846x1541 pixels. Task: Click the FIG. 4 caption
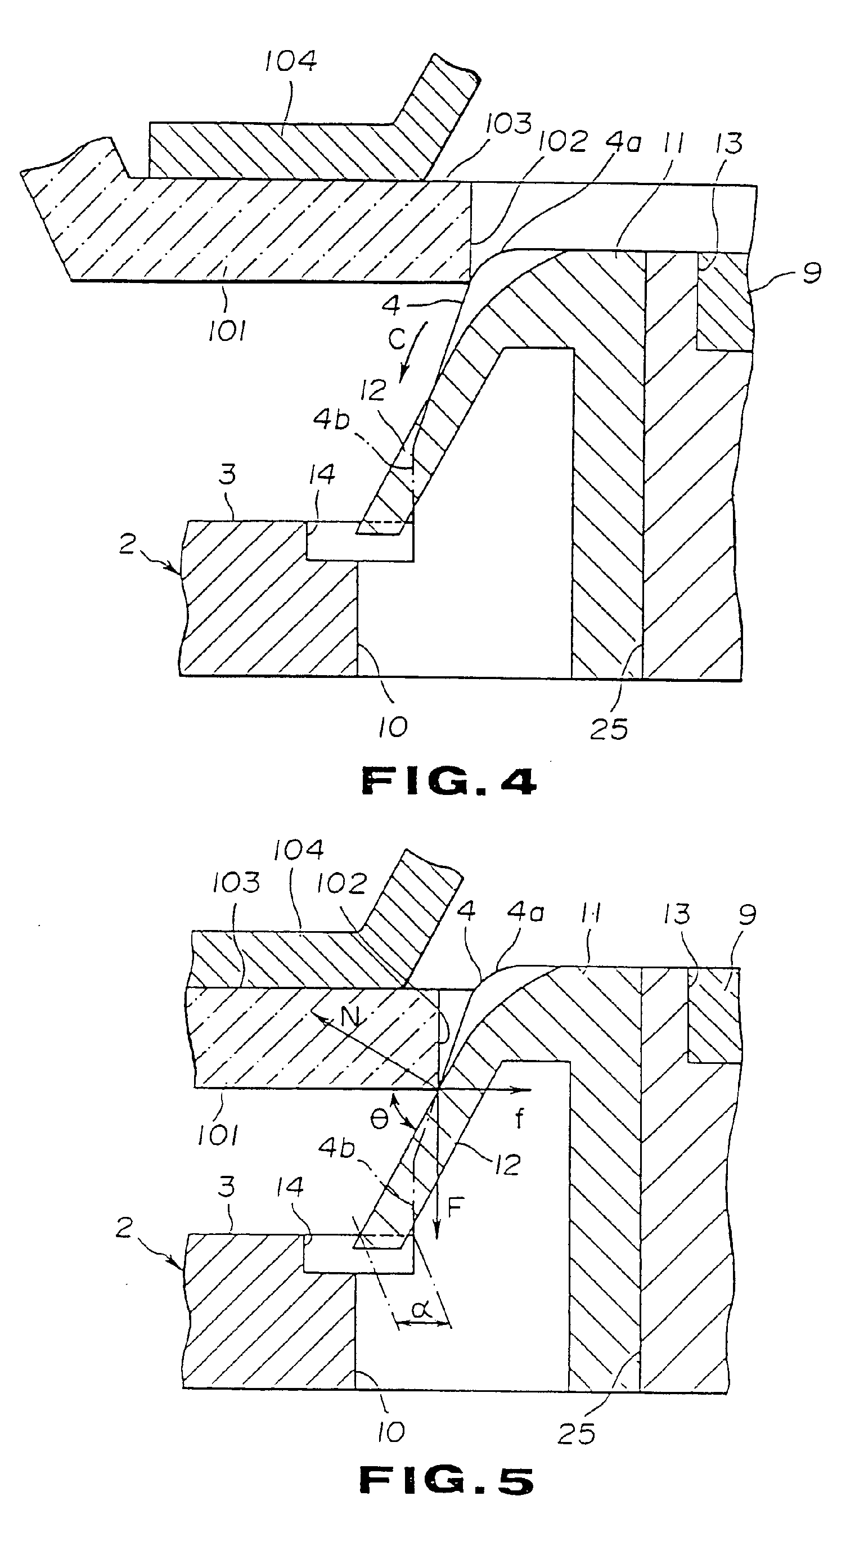tap(449, 781)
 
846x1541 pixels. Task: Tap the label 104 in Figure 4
tap(291, 61)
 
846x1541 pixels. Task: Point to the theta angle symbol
tap(380, 1119)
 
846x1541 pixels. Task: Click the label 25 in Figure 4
tap(609, 729)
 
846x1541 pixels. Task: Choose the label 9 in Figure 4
tap(811, 273)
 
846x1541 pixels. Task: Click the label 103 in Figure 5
tap(236, 883)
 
